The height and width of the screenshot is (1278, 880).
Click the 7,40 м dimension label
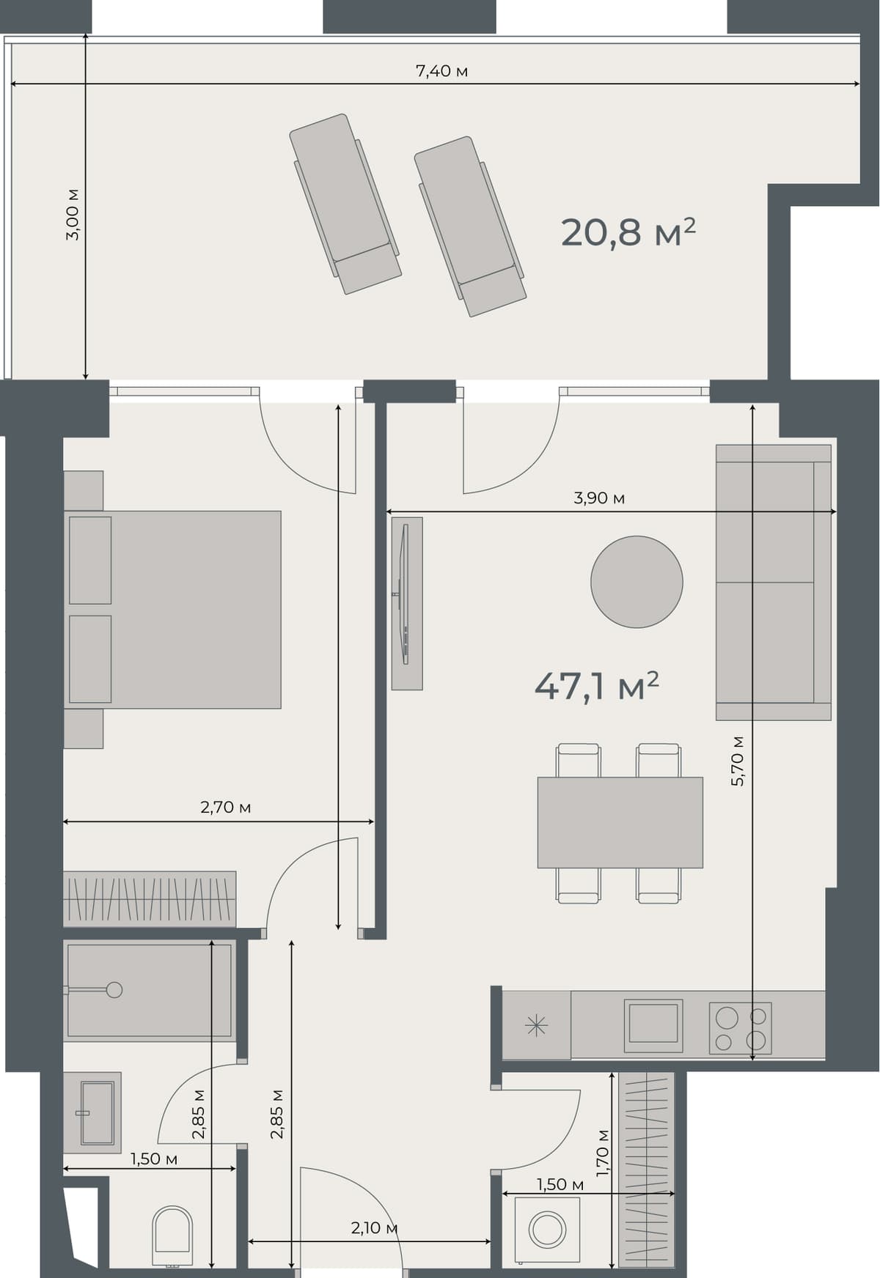(x=441, y=71)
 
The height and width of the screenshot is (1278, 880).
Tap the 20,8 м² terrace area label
(x=628, y=232)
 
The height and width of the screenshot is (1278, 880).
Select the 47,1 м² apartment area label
(x=596, y=687)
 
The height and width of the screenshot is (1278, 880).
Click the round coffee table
(x=637, y=581)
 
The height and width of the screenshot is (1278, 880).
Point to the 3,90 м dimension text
(x=599, y=498)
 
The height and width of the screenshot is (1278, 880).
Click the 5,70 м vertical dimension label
(x=738, y=761)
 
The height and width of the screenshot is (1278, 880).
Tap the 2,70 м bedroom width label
(x=225, y=808)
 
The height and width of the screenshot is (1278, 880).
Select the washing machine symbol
(x=547, y=1230)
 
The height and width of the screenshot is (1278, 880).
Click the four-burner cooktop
(x=740, y=1028)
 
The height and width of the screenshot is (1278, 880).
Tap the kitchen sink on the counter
(x=653, y=1024)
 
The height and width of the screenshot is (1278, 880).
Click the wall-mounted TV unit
(x=407, y=603)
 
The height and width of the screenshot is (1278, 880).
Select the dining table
(x=620, y=822)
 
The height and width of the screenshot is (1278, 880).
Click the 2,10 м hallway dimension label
(x=374, y=1228)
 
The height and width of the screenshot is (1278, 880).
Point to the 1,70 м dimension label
(x=603, y=1153)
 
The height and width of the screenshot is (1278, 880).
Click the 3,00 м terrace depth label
(x=73, y=214)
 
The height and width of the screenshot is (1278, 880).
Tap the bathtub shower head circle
(x=114, y=989)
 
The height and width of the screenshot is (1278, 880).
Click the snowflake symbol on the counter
(x=537, y=1025)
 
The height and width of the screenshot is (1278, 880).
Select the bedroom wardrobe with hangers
(x=150, y=898)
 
